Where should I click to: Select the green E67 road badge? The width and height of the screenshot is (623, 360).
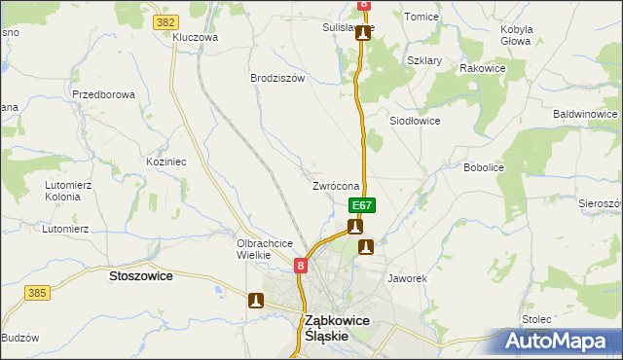(x=362, y=205)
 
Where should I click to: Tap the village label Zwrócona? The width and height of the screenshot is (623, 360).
(x=336, y=186)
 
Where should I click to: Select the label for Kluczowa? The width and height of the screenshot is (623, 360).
(x=195, y=37)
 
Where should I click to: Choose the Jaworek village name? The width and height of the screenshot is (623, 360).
(x=408, y=278)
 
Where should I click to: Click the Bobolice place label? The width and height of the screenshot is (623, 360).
(x=483, y=167)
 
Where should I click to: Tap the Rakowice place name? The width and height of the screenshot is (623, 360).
(x=482, y=68)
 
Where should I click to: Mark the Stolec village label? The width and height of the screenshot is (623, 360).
(x=536, y=318)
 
